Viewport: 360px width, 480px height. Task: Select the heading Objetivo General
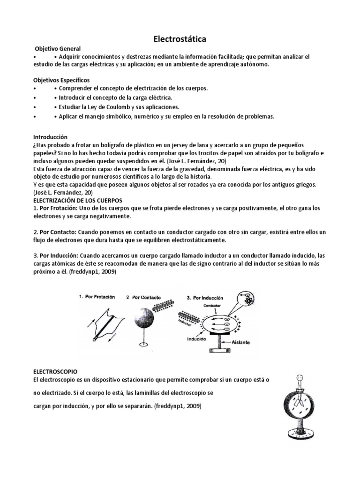tap(58, 49)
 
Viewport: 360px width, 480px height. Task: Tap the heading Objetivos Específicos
tap(61, 80)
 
